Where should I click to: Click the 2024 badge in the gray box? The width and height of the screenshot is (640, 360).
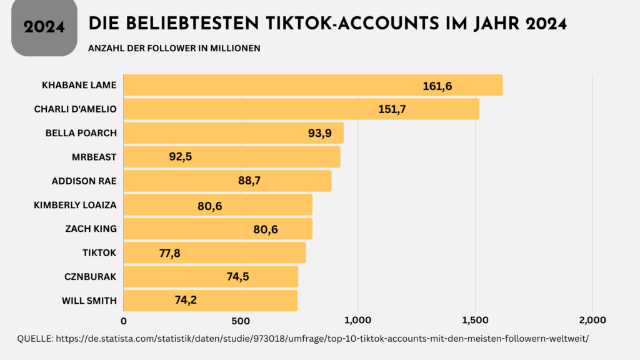point(44,27)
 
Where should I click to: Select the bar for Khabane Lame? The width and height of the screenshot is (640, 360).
point(312,85)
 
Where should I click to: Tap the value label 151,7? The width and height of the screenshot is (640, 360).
point(392,109)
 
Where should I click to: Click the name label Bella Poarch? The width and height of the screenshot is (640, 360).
point(81,133)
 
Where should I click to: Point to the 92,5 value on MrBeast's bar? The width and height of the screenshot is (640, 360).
point(180,157)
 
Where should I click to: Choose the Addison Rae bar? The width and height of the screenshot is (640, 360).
point(227,181)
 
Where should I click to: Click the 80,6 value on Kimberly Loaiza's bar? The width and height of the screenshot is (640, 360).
point(209,206)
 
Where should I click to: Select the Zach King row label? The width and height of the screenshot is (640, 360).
point(91,229)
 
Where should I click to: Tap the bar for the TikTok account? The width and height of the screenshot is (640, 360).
point(214,252)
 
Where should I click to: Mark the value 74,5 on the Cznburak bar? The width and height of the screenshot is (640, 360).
point(237,276)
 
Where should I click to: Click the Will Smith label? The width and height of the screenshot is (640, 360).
point(89,301)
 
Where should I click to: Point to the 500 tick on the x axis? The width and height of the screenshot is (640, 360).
point(241,321)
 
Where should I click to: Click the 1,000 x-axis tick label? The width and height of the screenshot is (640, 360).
point(358,321)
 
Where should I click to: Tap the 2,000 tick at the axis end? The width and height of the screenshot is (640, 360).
point(592,321)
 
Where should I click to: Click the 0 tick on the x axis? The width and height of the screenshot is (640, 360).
point(124,321)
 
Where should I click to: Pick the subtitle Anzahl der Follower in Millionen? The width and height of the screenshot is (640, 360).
point(174,48)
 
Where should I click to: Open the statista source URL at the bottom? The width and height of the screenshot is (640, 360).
point(322,338)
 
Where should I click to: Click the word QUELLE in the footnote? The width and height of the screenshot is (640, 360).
point(34,338)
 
